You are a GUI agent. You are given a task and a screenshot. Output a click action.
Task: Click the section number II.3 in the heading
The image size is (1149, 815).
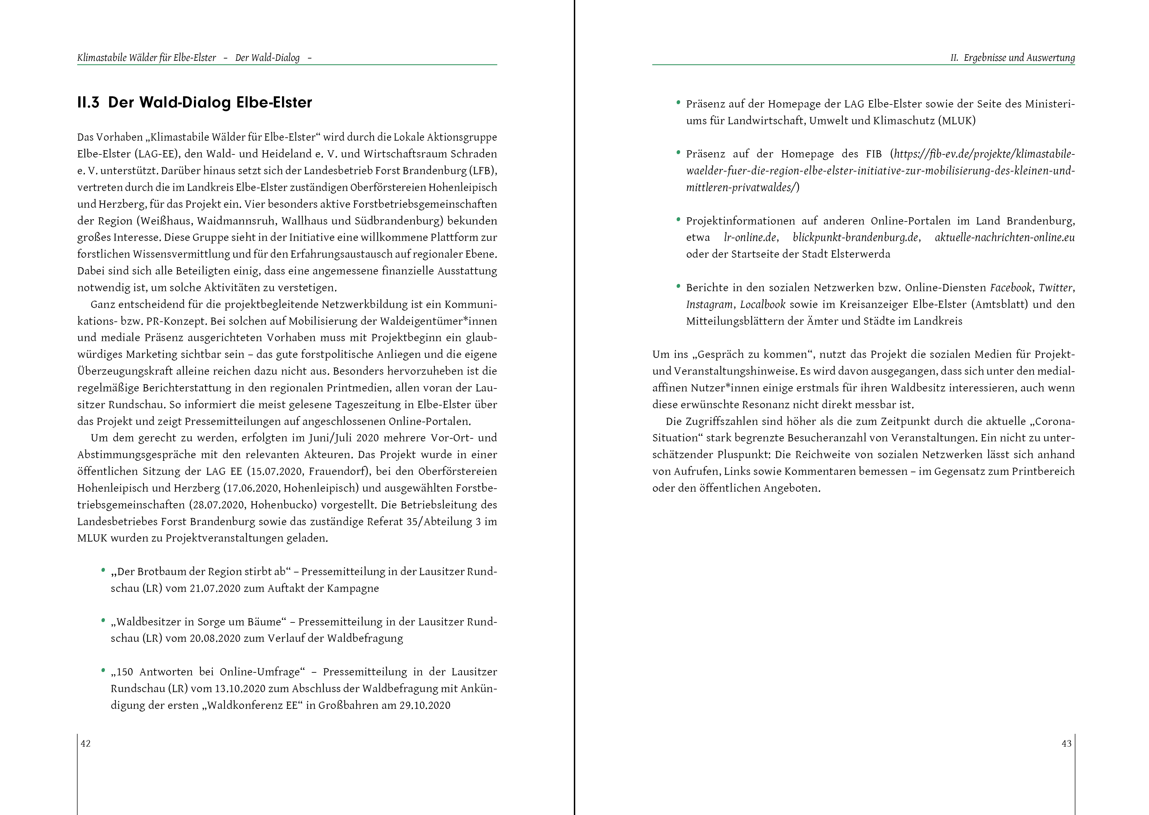(88, 103)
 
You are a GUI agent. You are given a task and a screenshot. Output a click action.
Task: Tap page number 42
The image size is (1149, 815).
(86, 744)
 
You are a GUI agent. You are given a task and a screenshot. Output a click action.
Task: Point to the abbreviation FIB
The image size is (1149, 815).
(874, 154)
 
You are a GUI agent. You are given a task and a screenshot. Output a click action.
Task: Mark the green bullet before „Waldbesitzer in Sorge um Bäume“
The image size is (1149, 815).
(103, 621)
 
